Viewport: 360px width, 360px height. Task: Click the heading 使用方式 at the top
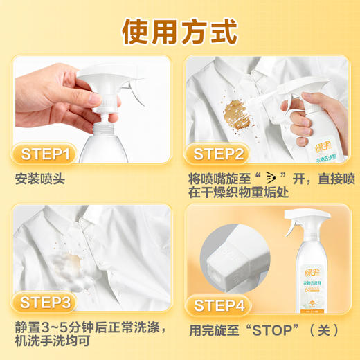click(180, 30)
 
